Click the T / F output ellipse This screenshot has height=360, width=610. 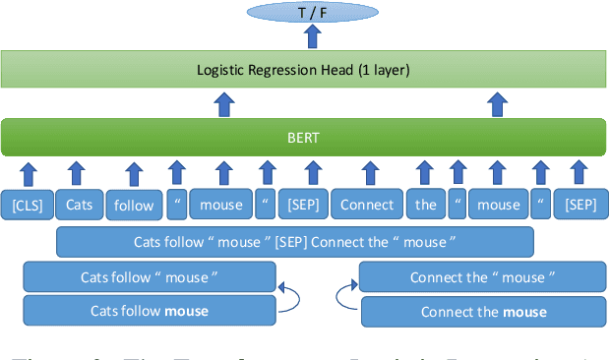tap(311, 12)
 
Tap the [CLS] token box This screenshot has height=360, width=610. tap(27, 205)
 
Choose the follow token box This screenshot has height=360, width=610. tap(134, 206)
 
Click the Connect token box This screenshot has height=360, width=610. tap(367, 205)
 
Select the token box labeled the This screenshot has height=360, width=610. tap(425, 205)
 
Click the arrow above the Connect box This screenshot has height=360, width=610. tap(369, 172)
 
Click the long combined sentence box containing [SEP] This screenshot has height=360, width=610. tap(295, 242)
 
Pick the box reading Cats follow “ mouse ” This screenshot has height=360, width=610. tap(149, 276)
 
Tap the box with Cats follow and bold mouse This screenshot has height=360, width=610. tap(149, 312)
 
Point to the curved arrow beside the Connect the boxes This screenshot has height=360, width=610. tap(348, 293)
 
